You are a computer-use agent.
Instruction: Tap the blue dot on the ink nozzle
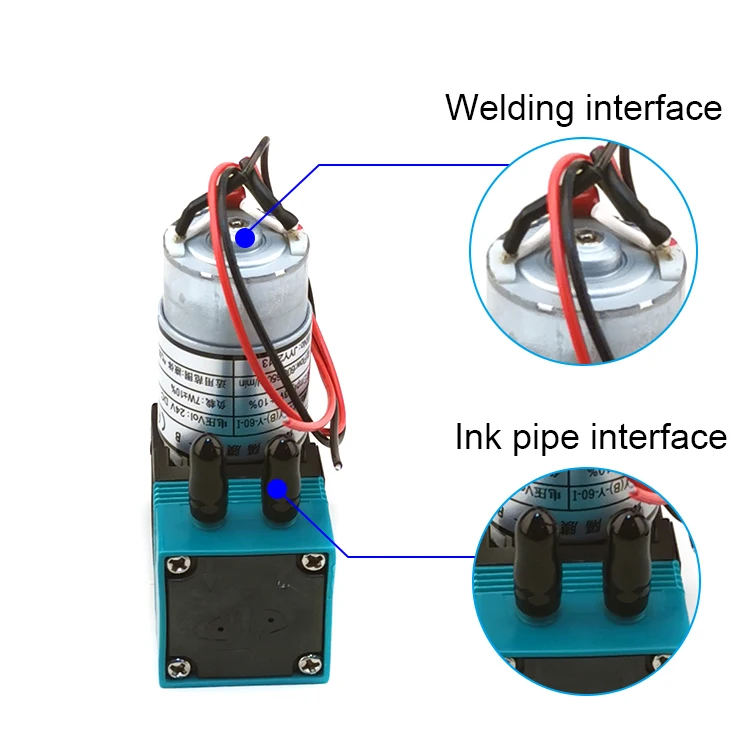pos(278,489)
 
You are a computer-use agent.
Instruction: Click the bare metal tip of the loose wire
pos(319,466)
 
